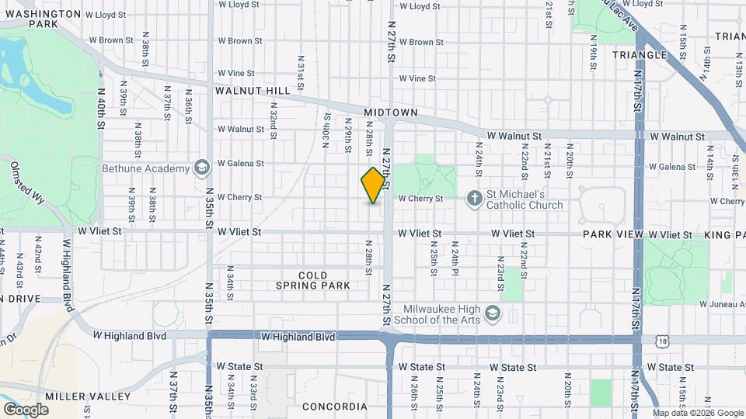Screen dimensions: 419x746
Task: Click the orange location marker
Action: tap(374, 185)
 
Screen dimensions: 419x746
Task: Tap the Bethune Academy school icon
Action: tap(201, 168)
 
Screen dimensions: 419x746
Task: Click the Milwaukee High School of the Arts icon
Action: tap(491, 313)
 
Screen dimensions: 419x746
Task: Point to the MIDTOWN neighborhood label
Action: tap(391, 113)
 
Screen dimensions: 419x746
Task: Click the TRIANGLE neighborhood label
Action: tap(640, 54)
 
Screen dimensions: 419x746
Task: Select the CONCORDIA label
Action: tap(333, 407)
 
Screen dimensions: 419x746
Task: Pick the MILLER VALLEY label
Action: tap(87, 396)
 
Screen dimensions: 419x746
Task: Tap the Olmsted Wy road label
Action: tap(24, 180)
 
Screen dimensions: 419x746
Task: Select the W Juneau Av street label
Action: tap(722, 304)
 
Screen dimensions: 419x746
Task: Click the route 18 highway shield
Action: tap(661, 340)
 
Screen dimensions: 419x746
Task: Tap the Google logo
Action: tap(26, 409)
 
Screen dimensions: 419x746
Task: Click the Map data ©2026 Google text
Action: tap(697, 413)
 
